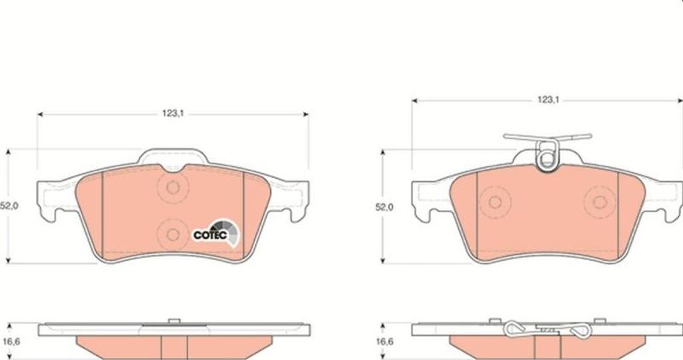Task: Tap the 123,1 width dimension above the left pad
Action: click(173, 113)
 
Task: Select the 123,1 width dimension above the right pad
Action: click(548, 100)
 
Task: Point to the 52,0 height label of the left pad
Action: click(9, 207)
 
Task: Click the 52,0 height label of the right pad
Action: click(384, 207)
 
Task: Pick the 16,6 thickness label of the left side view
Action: click(11, 342)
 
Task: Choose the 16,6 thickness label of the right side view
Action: click(384, 342)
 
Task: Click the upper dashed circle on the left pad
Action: click(173, 187)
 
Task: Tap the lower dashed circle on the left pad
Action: click(173, 235)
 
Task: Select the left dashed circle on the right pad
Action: click(495, 202)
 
